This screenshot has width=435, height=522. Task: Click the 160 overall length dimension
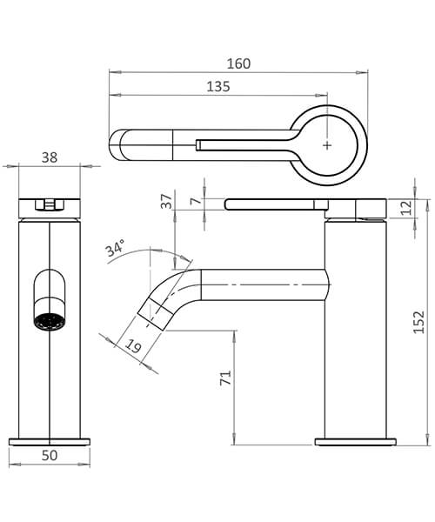click(238, 64)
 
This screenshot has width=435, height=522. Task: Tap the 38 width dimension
click(50, 157)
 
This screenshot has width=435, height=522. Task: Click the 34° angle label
click(117, 251)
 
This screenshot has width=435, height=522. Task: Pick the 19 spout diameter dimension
click(132, 349)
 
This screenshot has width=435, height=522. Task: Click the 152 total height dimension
click(418, 320)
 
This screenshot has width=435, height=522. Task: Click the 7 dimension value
click(195, 201)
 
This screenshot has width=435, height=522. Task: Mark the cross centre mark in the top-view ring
click(327, 145)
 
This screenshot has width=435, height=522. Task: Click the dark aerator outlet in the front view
click(48, 319)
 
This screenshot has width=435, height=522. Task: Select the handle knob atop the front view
click(50, 205)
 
